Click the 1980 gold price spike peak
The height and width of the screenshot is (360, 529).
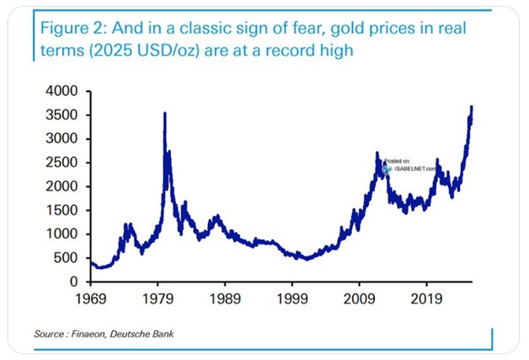point(164,113)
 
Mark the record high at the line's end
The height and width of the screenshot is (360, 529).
point(472,107)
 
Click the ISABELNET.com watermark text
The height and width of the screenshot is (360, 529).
point(414,169)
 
